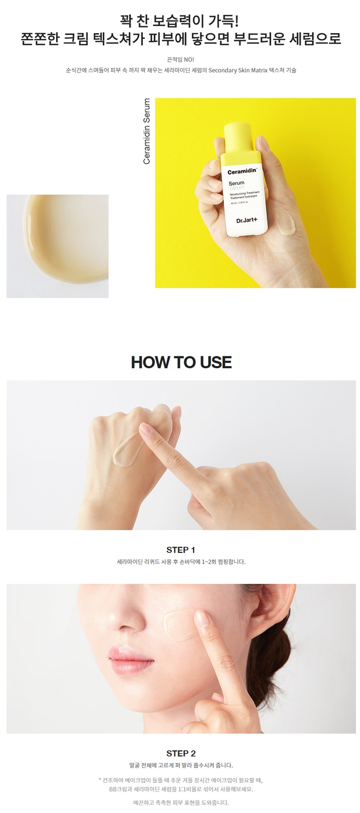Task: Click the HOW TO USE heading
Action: (181, 362)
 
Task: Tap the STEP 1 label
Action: (181, 550)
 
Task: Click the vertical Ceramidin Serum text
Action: (147, 131)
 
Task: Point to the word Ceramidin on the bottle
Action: (242, 172)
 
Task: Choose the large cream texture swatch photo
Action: (57, 246)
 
